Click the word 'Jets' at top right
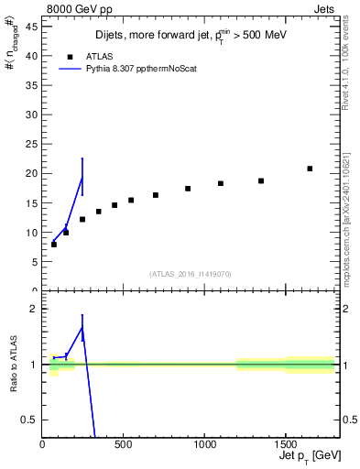(x=330, y=8)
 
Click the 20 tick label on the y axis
(x=35, y=173)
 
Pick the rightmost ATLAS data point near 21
(x=310, y=169)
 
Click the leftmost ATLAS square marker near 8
(x=54, y=245)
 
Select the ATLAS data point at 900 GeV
(x=188, y=189)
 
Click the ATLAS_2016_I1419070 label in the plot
(x=190, y=274)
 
